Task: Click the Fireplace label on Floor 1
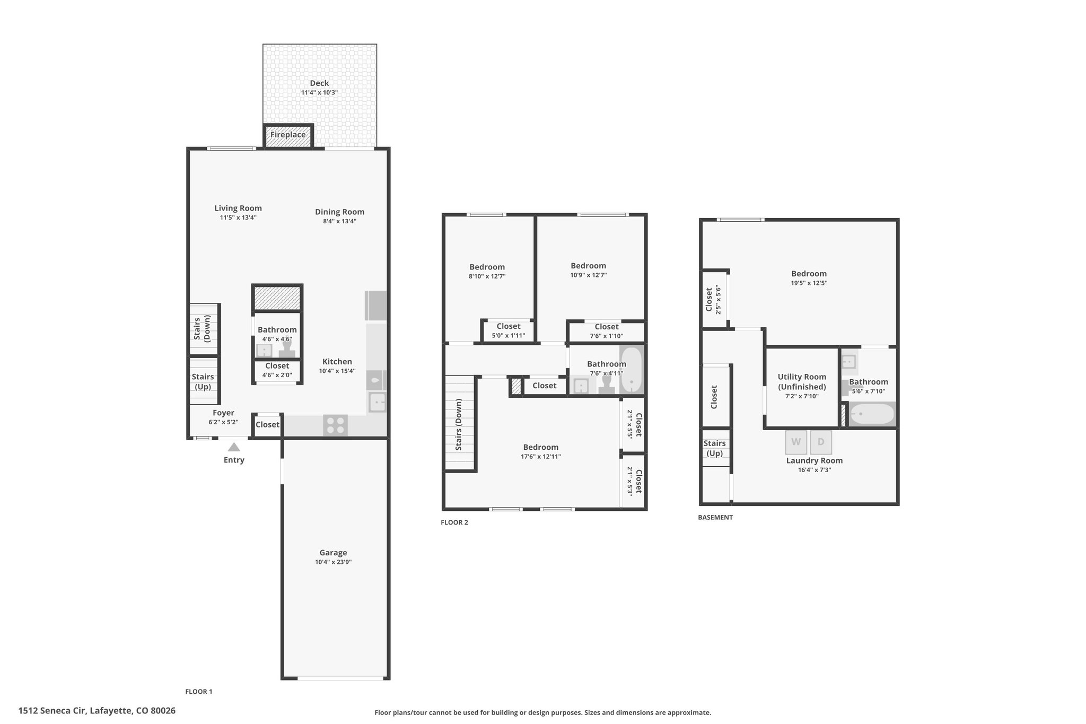(x=288, y=135)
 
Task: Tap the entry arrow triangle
(x=234, y=447)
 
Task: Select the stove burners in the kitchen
(x=336, y=425)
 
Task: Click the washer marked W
(x=796, y=442)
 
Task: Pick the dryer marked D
(x=821, y=442)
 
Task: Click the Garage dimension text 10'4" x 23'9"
(x=333, y=562)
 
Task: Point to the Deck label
(x=319, y=83)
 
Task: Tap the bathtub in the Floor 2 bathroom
(x=631, y=370)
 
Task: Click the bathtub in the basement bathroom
(x=872, y=414)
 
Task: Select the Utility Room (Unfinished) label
(x=802, y=382)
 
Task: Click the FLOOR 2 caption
(x=454, y=522)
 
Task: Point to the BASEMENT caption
(x=715, y=517)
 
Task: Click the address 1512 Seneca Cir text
(x=51, y=711)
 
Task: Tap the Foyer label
(x=223, y=413)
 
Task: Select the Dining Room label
(x=339, y=212)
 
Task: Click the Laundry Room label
(x=814, y=460)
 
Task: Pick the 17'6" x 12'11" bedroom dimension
(x=541, y=457)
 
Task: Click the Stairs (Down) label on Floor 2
(x=459, y=425)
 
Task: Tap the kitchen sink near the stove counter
(x=377, y=403)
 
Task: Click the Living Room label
(x=238, y=208)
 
